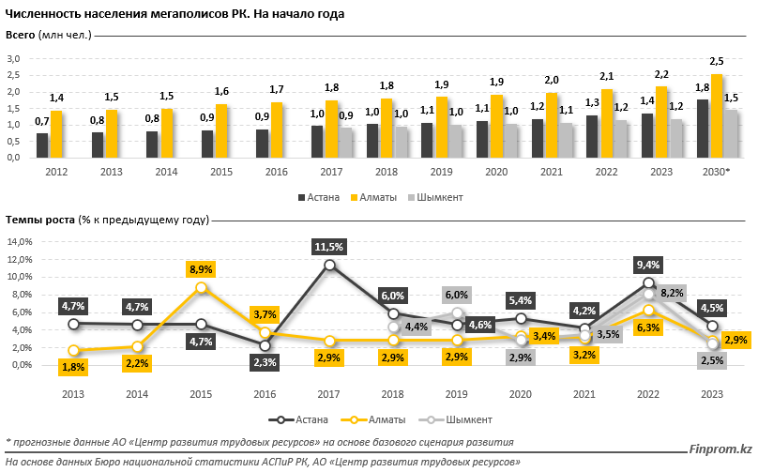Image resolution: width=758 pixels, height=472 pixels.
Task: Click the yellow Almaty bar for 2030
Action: click(718, 115)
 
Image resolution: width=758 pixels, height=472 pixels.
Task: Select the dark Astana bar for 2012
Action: click(42, 145)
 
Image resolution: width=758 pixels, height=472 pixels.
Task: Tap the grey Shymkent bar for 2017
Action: click(346, 143)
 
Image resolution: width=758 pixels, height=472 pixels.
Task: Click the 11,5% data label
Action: click(329, 247)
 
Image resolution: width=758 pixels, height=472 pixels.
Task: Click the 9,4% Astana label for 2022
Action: click(648, 265)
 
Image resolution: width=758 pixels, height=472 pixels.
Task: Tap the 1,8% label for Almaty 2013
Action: click(73, 367)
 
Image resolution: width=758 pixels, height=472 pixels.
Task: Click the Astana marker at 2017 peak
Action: click(329, 266)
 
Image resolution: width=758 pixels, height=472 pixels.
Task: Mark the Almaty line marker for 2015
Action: click(201, 288)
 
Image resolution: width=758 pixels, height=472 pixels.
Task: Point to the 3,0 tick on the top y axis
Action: click(14, 59)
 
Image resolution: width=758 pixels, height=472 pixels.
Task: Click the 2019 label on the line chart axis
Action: click(457, 394)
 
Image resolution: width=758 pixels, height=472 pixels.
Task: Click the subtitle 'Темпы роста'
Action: click(38, 219)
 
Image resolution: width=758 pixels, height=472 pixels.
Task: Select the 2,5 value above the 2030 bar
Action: click(717, 61)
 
